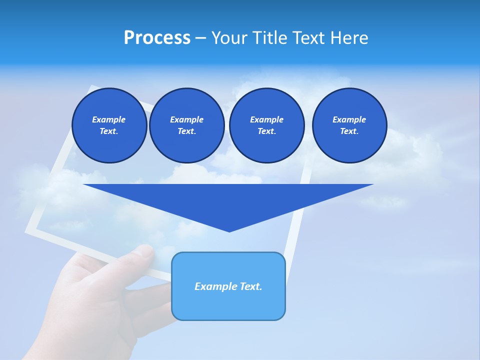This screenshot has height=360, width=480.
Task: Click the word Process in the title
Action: coord(157,38)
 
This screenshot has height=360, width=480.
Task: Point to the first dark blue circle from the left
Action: coord(109,125)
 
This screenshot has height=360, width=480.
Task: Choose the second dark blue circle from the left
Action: coord(186,125)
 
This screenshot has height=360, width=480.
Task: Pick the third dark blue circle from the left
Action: coord(266,125)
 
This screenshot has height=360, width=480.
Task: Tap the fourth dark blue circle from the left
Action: coord(349,125)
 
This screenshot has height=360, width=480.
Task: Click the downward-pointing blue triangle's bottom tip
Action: coord(229,230)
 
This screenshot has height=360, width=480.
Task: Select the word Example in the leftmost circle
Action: coord(109,119)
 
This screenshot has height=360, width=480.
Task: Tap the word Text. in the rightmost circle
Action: coord(349,131)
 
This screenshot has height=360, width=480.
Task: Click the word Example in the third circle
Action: coord(266,119)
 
